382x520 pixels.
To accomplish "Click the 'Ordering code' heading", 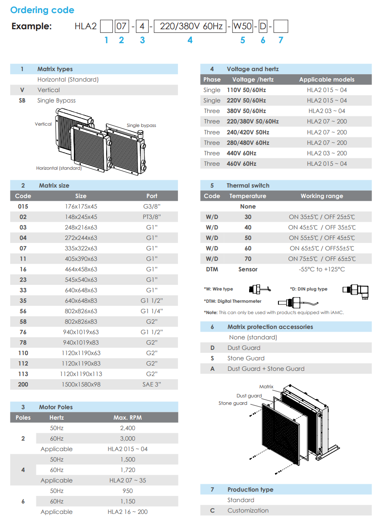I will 42,10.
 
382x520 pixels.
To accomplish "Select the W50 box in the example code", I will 242,27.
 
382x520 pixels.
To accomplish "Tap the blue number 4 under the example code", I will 190,40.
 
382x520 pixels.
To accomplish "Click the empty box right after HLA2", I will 106,27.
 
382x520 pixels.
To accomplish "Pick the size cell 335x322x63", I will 81,248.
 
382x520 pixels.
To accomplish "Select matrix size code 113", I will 23,374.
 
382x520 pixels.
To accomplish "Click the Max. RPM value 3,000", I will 128,438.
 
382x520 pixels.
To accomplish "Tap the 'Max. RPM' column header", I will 128,417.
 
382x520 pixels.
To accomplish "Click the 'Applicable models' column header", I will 326,79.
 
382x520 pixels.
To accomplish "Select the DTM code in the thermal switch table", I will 212,269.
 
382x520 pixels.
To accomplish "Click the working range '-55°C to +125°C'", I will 322,269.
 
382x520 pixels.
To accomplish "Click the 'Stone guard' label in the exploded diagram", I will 233,403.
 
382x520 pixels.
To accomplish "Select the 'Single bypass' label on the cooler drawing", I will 141,125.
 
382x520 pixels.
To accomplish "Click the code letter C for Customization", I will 212,510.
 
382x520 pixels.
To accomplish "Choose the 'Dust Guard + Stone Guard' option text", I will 266,369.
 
